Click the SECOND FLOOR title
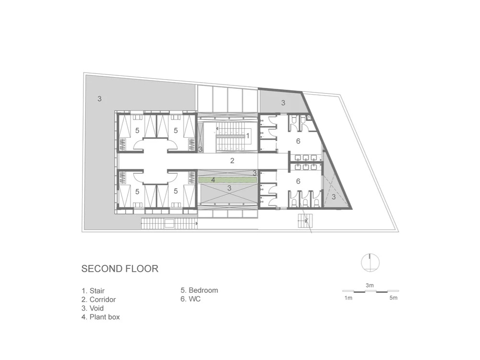[x=120, y=268]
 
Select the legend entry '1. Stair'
[x=93, y=290]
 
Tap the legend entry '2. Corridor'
[x=98, y=300]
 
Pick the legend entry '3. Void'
[x=93, y=308]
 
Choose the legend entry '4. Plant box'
[x=101, y=317]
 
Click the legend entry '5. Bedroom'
[x=199, y=290]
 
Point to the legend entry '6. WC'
[x=191, y=299]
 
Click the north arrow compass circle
[x=370, y=263]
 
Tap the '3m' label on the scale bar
[x=370, y=285]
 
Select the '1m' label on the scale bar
[x=348, y=298]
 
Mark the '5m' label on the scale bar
[x=394, y=298]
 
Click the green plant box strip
[x=227, y=180]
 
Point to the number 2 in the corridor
[x=232, y=160]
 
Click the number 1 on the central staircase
[x=248, y=136]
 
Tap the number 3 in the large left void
[x=99, y=98]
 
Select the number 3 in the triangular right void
[x=334, y=196]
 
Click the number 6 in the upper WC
[x=298, y=141]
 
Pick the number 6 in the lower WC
[x=298, y=181]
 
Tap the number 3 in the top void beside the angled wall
[x=283, y=103]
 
